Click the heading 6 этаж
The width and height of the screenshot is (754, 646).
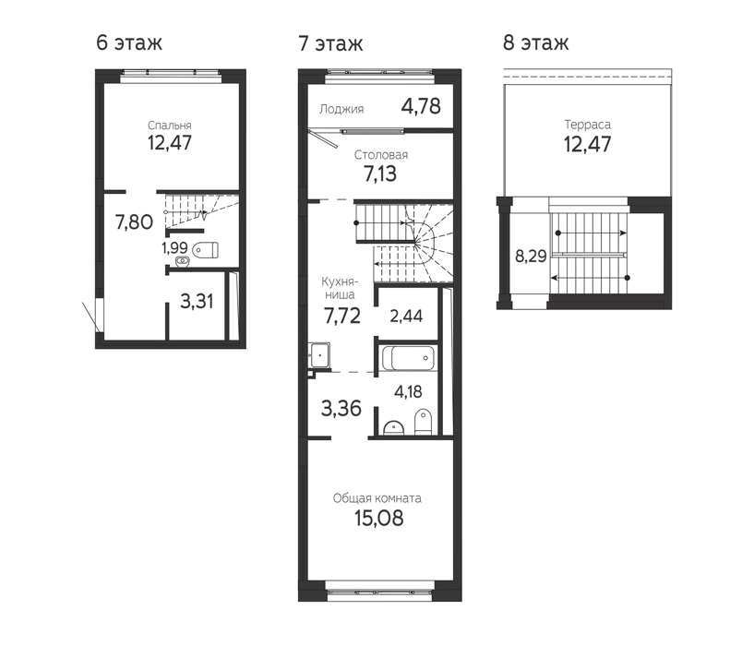129,42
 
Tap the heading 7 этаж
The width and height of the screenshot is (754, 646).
330,43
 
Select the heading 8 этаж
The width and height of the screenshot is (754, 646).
535,42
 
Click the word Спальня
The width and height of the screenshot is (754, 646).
169,126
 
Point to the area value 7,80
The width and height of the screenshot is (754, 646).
134,222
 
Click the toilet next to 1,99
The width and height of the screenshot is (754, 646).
205,250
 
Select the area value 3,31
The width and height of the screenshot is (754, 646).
197,302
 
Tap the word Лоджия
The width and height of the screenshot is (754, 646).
341,109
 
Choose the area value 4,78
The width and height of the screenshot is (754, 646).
421,106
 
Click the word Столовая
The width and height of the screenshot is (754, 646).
381,155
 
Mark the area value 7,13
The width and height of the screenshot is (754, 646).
380,174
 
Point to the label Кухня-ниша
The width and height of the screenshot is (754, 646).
340,288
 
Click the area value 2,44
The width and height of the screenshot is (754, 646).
406,316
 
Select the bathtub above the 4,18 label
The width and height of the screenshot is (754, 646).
409,358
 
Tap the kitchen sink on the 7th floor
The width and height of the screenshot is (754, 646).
318,355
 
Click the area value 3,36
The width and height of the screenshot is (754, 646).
341,409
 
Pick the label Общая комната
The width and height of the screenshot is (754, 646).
377,498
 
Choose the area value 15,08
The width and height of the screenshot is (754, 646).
379,519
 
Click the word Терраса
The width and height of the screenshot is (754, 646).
588,125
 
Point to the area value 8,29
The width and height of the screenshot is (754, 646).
531,257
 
